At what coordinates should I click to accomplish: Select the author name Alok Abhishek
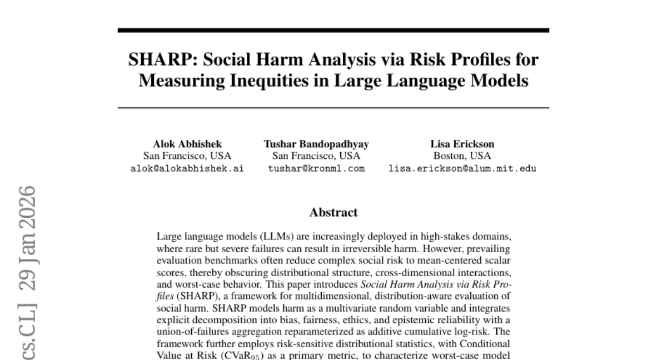click(187, 144)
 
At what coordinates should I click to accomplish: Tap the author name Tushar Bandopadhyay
click(316, 144)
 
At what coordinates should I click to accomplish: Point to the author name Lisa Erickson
click(462, 144)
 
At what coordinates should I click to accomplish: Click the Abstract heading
click(333, 212)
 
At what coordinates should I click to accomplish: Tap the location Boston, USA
click(462, 156)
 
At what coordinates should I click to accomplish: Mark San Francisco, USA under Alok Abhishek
click(187, 156)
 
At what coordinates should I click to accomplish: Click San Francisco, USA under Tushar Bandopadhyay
click(316, 156)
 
